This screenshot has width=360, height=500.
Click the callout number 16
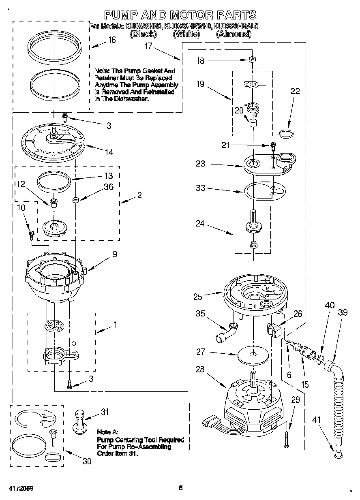(x=111, y=40)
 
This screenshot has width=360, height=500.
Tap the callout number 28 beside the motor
(x=200, y=370)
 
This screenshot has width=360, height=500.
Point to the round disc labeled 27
(x=253, y=354)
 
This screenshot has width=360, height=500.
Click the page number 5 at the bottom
(x=181, y=488)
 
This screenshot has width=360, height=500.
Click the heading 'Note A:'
(x=108, y=432)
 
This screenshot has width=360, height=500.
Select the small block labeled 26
(x=274, y=328)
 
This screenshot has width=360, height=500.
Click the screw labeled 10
(x=31, y=234)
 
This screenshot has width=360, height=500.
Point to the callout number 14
(x=108, y=152)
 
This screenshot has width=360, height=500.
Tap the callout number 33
(x=200, y=188)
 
